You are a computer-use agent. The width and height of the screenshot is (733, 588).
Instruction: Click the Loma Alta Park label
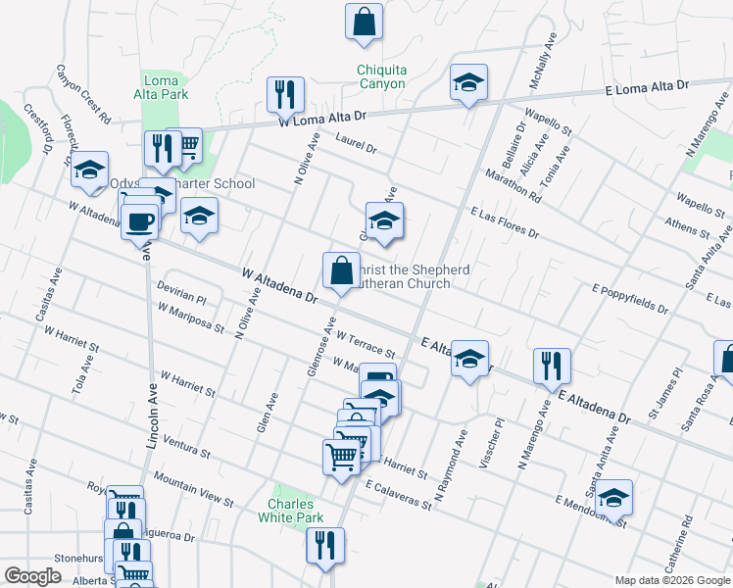pos(161,87)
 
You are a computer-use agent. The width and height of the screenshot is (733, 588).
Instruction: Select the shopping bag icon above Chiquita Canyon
pos(364,22)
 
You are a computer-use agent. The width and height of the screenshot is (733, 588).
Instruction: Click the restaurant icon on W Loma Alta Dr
pos(285,94)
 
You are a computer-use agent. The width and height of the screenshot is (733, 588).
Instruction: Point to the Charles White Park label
pos(296,510)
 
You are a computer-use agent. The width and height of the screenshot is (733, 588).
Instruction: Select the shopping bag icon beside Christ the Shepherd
pos(341,269)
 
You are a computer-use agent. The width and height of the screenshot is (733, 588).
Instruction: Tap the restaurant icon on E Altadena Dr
pos(552,367)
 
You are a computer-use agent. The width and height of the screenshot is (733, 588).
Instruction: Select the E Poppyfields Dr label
pos(629,298)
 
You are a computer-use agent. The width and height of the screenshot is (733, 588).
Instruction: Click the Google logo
pos(33,576)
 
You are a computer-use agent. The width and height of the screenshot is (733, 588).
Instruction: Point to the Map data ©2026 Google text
pos(672,579)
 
